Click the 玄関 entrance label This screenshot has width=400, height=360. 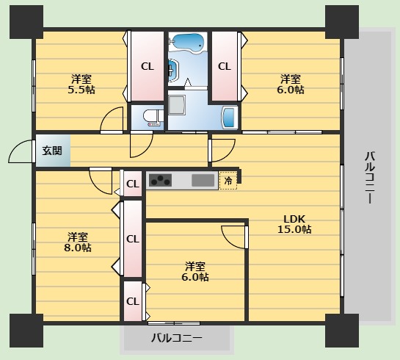coord(52,151)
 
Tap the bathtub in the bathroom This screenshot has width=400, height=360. coord(188,43)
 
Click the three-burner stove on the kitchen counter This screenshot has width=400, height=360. coord(160,180)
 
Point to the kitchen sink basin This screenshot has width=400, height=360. coord(203,180)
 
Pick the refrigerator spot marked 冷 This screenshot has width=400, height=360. coord(228,181)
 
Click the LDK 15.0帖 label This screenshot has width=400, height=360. coord(294,224)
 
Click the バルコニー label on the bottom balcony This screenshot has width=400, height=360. coord(177,338)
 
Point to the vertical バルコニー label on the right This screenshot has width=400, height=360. coord(370,178)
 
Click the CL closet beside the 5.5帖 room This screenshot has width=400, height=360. coord(148,66)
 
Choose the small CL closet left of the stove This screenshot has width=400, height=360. coord(133,184)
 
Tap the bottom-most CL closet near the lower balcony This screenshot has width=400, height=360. coord(133,301)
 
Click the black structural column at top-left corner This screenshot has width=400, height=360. coord(26,22)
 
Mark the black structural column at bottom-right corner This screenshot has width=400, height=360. coord(342,331)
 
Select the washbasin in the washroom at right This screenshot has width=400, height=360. coord(229,118)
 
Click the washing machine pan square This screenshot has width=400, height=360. coord(177,104)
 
